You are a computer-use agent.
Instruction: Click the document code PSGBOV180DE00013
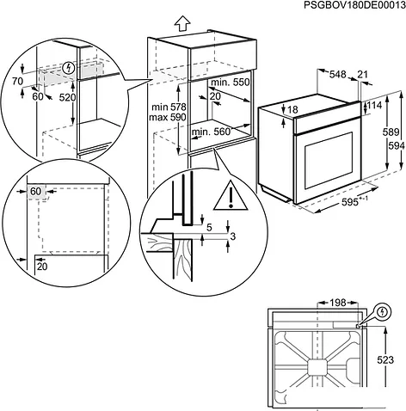point(341,7)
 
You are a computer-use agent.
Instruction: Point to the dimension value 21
point(362,75)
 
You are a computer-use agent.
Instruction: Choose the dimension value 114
point(375,105)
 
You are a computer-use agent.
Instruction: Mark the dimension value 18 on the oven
point(292,110)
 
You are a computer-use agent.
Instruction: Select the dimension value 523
point(388,361)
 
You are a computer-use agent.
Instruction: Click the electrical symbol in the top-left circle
point(70,69)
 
